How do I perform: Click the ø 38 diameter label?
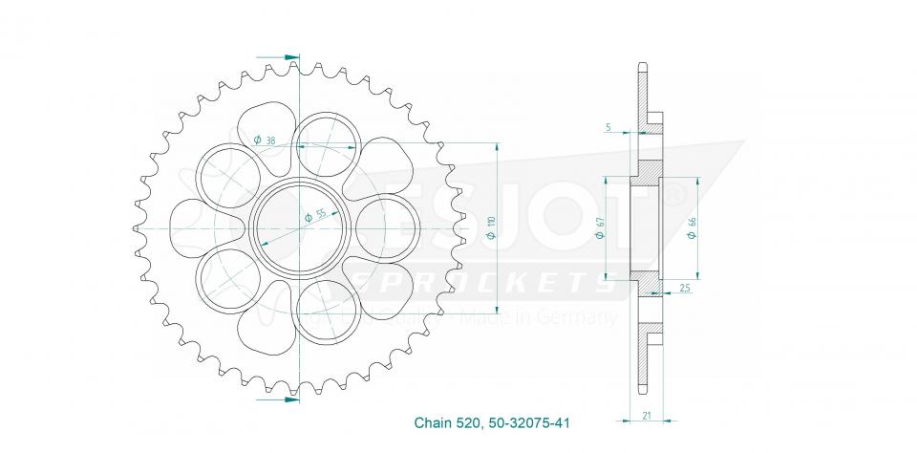(x=266, y=141)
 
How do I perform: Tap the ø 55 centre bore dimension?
(x=315, y=216)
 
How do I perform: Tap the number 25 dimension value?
(x=686, y=287)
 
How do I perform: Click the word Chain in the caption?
(x=431, y=421)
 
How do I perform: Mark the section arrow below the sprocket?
(x=290, y=399)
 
